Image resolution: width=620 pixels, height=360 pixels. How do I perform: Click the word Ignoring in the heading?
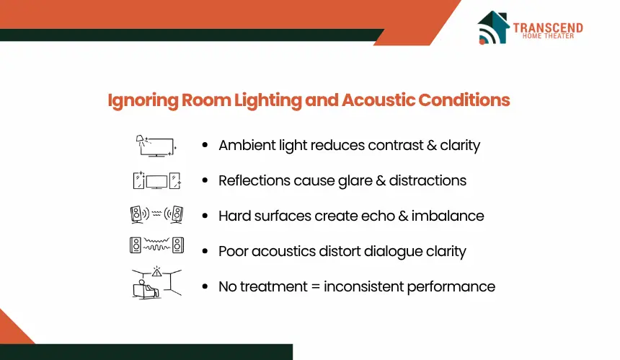[143, 100]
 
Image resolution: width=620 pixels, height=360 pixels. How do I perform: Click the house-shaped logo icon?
[493, 27]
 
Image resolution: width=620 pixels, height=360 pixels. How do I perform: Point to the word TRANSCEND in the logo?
[548, 27]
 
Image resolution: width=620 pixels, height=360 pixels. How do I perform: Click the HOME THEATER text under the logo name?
[548, 36]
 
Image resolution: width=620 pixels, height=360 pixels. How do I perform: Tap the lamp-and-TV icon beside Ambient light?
[156, 146]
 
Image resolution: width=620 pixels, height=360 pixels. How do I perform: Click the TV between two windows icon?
[156, 180]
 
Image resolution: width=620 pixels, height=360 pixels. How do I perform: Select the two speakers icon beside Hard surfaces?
[156, 215]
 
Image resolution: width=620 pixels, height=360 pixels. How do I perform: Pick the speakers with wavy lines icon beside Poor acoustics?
[156, 245]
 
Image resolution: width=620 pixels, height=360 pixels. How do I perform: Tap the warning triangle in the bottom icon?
[157, 272]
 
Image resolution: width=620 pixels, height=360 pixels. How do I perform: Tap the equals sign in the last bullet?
[316, 287]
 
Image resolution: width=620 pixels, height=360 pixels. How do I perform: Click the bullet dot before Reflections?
[205, 180]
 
